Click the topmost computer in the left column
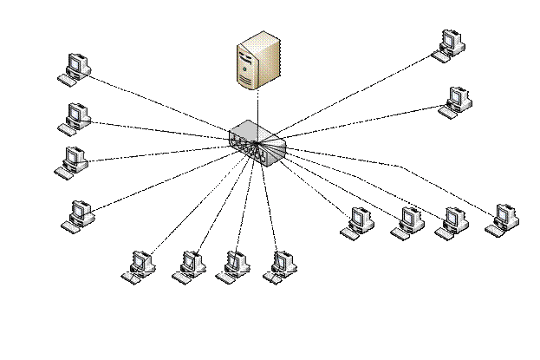point(76,69)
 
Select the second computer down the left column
point(76,117)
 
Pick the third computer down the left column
point(74,162)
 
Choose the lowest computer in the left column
point(80,214)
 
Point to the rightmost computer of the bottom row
point(280,265)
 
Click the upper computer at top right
point(447,44)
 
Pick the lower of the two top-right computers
point(453,101)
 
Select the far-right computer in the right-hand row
point(501,219)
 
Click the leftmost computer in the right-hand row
point(356,220)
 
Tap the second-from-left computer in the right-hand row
point(405,220)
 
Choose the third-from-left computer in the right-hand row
point(451,220)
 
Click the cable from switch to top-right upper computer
point(355,95)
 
